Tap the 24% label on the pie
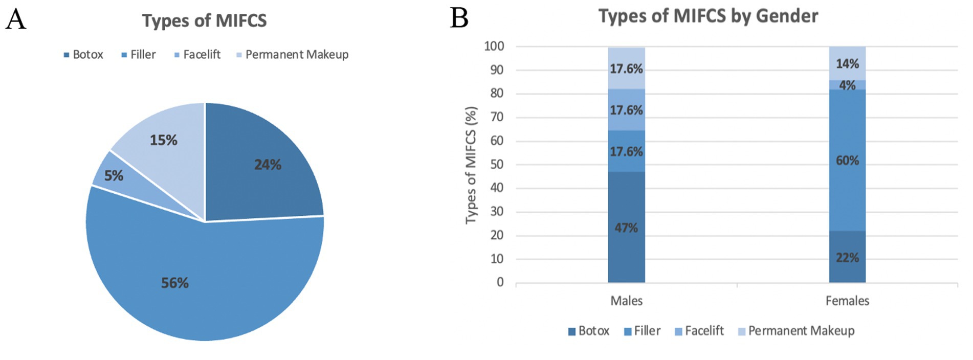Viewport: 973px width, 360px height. pos(268,165)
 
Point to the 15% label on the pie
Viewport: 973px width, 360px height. pos(163,140)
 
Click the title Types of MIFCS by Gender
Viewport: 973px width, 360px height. pos(708,16)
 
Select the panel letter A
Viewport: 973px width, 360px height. pos(15,19)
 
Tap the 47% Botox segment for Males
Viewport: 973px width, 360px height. pos(626,228)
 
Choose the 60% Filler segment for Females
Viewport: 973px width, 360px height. pos(847,160)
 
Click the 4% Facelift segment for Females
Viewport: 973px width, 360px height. pos(847,85)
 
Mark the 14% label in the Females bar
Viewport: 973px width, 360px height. pos(847,64)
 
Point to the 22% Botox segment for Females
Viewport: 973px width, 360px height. pos(847,257)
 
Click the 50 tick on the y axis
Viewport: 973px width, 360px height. pos(496,164)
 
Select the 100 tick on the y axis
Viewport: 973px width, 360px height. pos(494,46)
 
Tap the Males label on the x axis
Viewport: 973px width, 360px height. pos(626,301)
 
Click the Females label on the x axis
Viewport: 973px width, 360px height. pos(847,301)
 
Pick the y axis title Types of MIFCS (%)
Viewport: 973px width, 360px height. pos(471,165)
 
